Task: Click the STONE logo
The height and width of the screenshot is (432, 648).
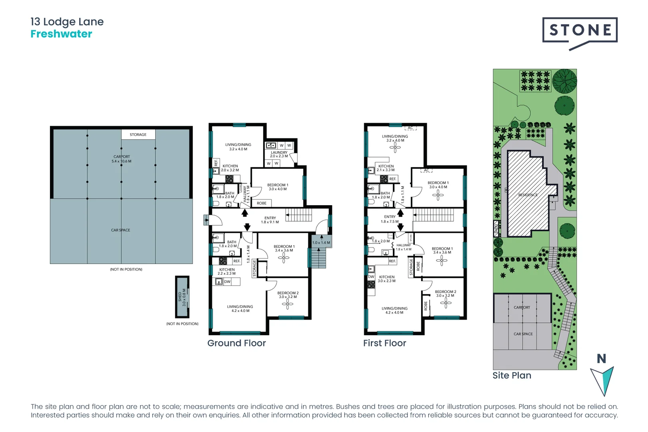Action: click(580, 30)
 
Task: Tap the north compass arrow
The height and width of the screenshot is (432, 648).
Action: click(602, 380)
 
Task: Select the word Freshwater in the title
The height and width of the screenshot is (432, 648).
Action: click(61, 34)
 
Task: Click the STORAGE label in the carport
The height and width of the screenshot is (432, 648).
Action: click(138, 135)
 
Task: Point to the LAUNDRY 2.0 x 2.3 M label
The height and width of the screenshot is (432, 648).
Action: click(279, 154)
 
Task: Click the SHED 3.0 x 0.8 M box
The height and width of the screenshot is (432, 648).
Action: click(182, 297)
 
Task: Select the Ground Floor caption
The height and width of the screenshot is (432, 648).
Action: click(236, 343)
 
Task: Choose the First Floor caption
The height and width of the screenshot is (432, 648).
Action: click(384, 343)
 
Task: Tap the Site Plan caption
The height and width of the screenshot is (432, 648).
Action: click(512, 375)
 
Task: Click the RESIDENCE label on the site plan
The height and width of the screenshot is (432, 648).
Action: click(528, 195)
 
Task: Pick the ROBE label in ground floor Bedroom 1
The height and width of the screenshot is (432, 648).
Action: click(262, 203)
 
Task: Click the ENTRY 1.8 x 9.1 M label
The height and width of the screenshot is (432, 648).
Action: click(270, 220)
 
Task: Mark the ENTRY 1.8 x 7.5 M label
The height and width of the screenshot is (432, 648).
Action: click(390, 219)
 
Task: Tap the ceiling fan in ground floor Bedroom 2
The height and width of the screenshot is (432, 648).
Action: click(288, 304)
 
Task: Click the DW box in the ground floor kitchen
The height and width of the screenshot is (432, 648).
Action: click(227, 282)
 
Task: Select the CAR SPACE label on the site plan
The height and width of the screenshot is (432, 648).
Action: click(523, 334)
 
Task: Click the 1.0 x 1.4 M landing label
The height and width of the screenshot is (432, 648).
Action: click(321, 242)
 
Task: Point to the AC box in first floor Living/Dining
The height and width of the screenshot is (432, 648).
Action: click(410, 128)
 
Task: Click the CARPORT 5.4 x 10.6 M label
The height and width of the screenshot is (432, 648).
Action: click(122, 159)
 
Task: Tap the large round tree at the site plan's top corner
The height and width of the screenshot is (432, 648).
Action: click(564, 80)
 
